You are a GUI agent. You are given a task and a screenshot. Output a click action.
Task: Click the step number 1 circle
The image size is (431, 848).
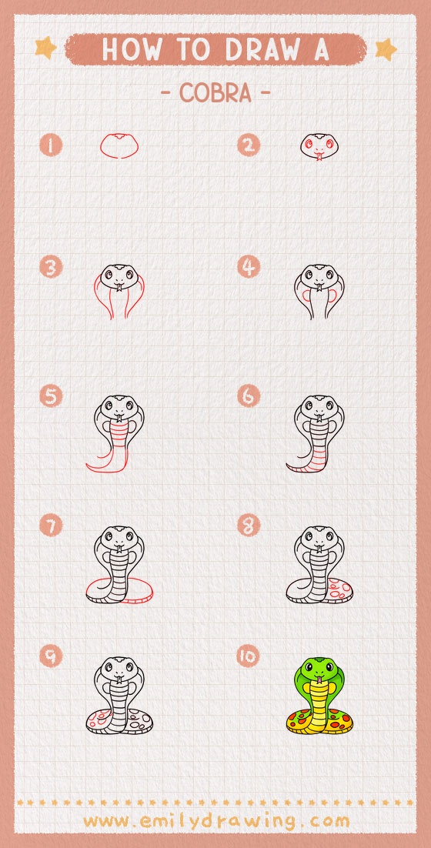coord(51,145)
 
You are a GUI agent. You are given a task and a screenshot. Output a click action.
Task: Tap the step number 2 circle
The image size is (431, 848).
coord(248,145)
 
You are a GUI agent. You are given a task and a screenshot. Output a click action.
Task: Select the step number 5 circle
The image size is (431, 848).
coord(51,396)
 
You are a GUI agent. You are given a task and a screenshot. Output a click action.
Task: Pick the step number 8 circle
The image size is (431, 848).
coord(248,526)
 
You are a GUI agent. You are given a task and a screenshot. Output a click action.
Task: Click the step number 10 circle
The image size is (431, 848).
coord(248,656)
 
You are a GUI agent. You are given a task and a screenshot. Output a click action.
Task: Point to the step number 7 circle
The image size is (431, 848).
coord(51,526)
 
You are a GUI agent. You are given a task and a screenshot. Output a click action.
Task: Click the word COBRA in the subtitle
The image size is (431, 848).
coord(215,93)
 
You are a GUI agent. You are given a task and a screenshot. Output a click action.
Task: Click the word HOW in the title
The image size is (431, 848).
coord(128,49)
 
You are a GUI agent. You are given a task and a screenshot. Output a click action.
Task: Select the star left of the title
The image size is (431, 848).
coord(45,48)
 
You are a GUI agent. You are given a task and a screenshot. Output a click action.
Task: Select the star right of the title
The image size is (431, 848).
coord(385,49)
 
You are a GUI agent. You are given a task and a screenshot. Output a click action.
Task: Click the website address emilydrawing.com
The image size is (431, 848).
coord(216,820)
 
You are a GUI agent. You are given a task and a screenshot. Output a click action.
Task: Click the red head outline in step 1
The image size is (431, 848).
coord(119,145)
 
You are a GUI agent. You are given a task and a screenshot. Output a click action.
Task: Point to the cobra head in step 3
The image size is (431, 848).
coord(119,276)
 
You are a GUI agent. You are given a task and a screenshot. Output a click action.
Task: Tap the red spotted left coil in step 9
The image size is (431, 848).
coord(99,720)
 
